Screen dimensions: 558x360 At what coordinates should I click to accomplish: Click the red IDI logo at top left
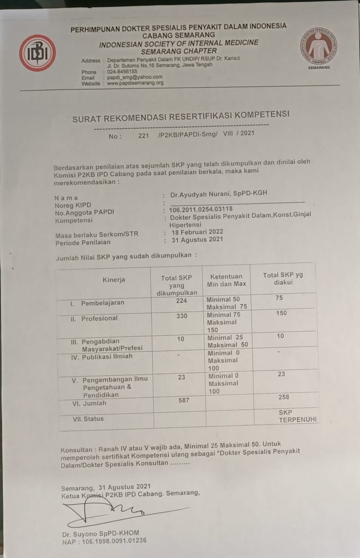click(x=37, y=53)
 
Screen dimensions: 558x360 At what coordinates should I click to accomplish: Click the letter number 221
click(x=143, y=136)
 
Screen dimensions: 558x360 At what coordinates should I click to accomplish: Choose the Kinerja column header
click(x=114, y=279)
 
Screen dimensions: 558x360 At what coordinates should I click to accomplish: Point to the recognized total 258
click(x=284, y=397)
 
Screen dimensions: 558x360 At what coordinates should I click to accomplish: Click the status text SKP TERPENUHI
click(x=291, y=415)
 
